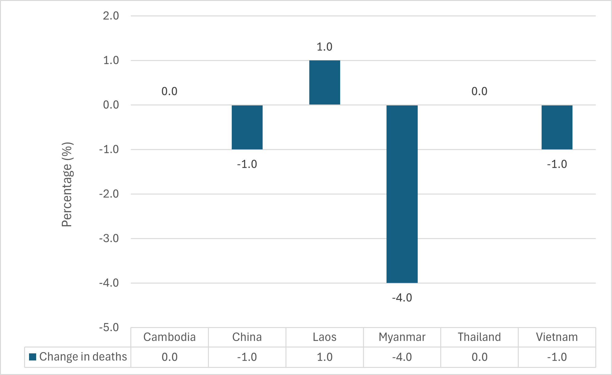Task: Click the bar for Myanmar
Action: point(402,194)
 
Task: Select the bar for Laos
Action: point(324,83)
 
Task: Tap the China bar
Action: point(247,127)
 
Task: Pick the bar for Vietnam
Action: point(557,127)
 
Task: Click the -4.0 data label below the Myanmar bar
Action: point(402,298)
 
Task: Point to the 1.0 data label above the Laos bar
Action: point(324,47)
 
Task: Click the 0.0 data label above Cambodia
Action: point(169,92)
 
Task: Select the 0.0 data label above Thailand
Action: point(479,92)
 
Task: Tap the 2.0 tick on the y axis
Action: point(111,16)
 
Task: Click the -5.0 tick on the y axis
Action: point(109,327)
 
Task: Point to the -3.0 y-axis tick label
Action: point(109,238)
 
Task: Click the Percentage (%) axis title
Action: point(67,185)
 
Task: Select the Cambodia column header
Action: point(169,337)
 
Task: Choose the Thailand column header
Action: point(479,337)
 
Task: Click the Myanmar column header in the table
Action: point(402,337)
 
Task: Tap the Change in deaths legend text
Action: point(83,357)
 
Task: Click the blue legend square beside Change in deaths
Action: point(32,357)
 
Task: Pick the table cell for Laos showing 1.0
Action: point(324,357)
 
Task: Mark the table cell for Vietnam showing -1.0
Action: point(557,357)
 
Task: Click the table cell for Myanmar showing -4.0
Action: point(402,357)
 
